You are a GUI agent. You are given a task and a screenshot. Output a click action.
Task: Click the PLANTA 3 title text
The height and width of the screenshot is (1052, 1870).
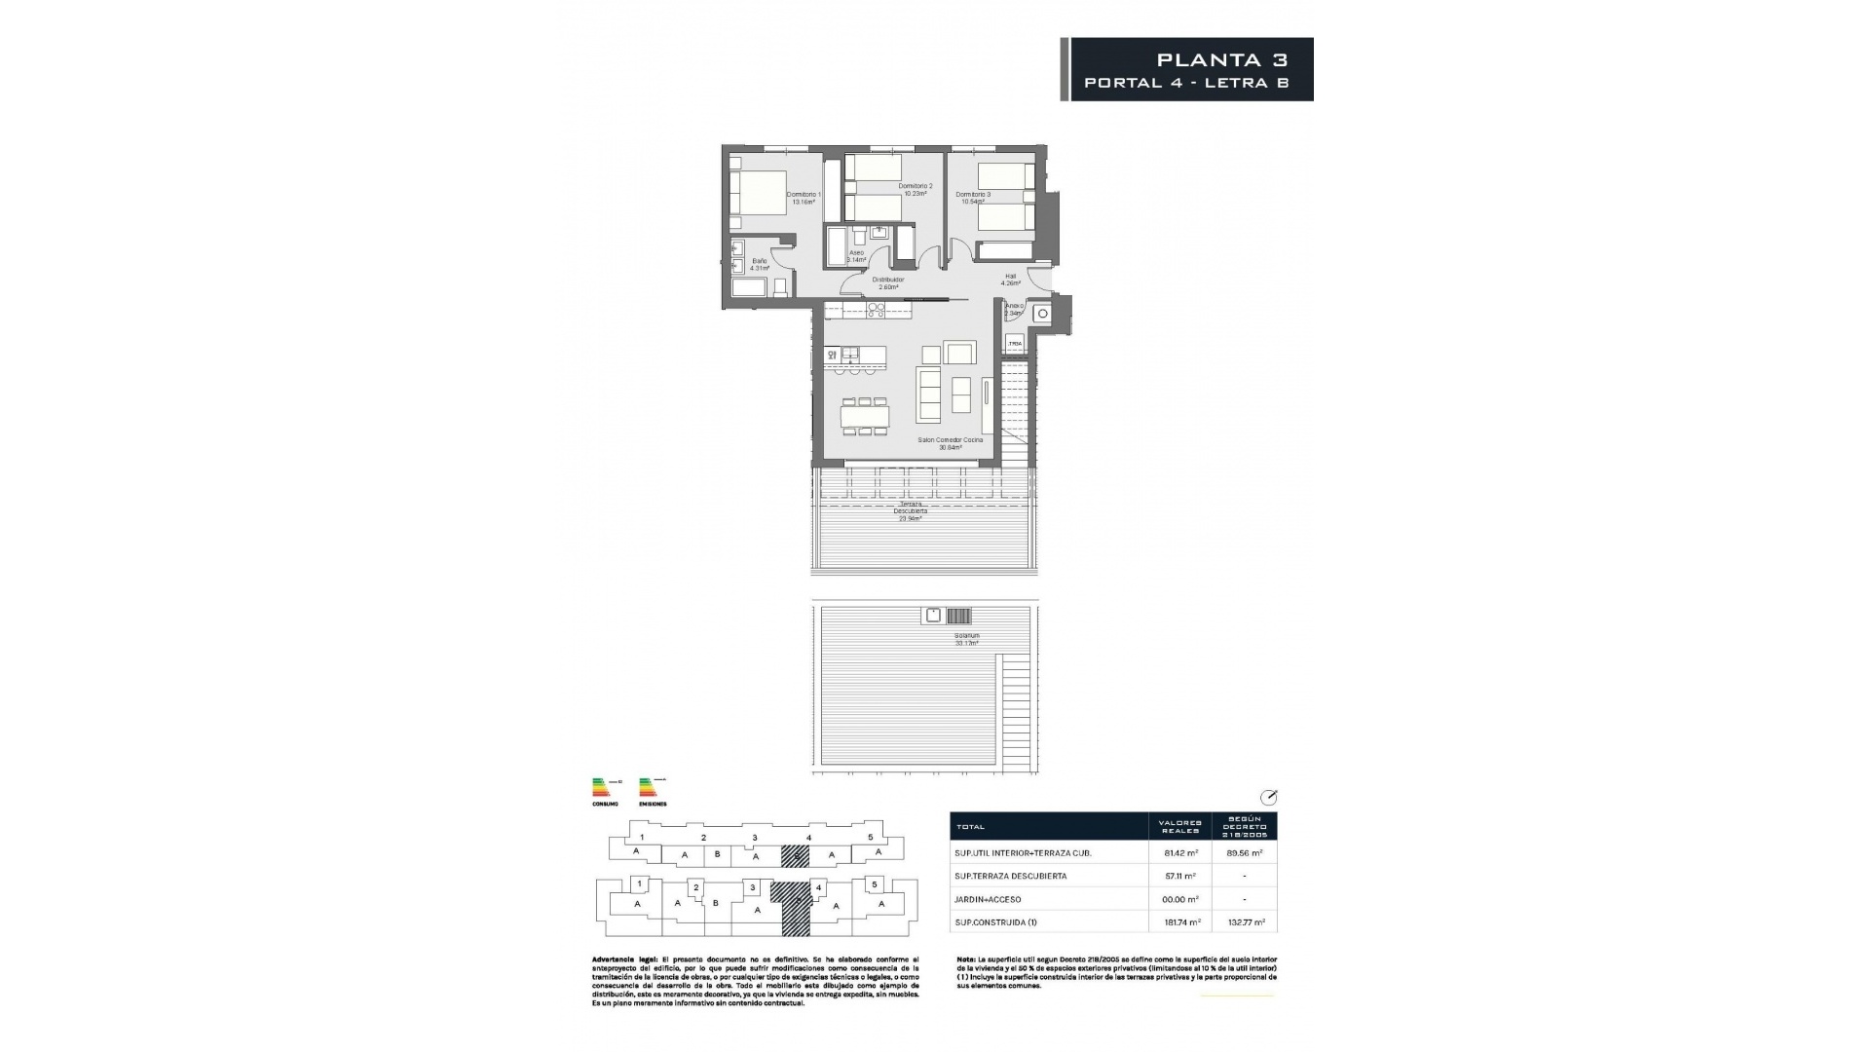(x=1221, y=60)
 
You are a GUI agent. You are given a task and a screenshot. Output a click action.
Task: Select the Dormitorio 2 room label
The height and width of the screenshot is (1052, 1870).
(x=915, y=189)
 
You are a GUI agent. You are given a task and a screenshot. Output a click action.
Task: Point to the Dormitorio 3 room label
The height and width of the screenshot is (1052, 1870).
(x=972, y=198)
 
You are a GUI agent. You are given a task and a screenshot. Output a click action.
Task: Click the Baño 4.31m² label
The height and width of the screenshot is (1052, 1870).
(x=759, y=264)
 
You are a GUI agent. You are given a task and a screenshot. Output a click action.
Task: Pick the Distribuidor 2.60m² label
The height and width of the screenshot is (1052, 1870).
(x=887, y=282)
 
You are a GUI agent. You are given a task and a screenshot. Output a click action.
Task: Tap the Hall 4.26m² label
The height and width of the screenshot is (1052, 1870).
(x=1010, y=280)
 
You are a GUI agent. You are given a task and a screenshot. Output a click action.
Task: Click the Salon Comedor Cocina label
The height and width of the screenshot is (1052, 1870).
(x=950, y=443)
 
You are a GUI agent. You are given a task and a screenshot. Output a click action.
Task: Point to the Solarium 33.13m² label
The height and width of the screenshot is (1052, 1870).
(x=966, y=639)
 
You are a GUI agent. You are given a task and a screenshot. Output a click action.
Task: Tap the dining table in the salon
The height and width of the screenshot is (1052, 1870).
(x=865, y=416)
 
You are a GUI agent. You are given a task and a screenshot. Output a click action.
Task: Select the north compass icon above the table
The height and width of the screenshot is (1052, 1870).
(x=1268, y=797)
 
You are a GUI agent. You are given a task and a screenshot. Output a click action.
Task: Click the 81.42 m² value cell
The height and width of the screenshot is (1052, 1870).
(x=1180, y=852)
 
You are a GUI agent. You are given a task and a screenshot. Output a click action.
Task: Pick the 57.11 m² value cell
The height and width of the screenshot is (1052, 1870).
(x=1180, y=876)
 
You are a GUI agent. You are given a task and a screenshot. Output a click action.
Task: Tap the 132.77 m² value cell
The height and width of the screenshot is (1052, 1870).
(x=1245, y=922)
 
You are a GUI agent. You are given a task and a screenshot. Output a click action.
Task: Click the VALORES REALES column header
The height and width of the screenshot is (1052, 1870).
(x=1179, y=826)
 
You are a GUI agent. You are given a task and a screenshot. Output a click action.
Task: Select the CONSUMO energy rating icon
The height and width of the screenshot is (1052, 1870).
(x=604, y=789)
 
